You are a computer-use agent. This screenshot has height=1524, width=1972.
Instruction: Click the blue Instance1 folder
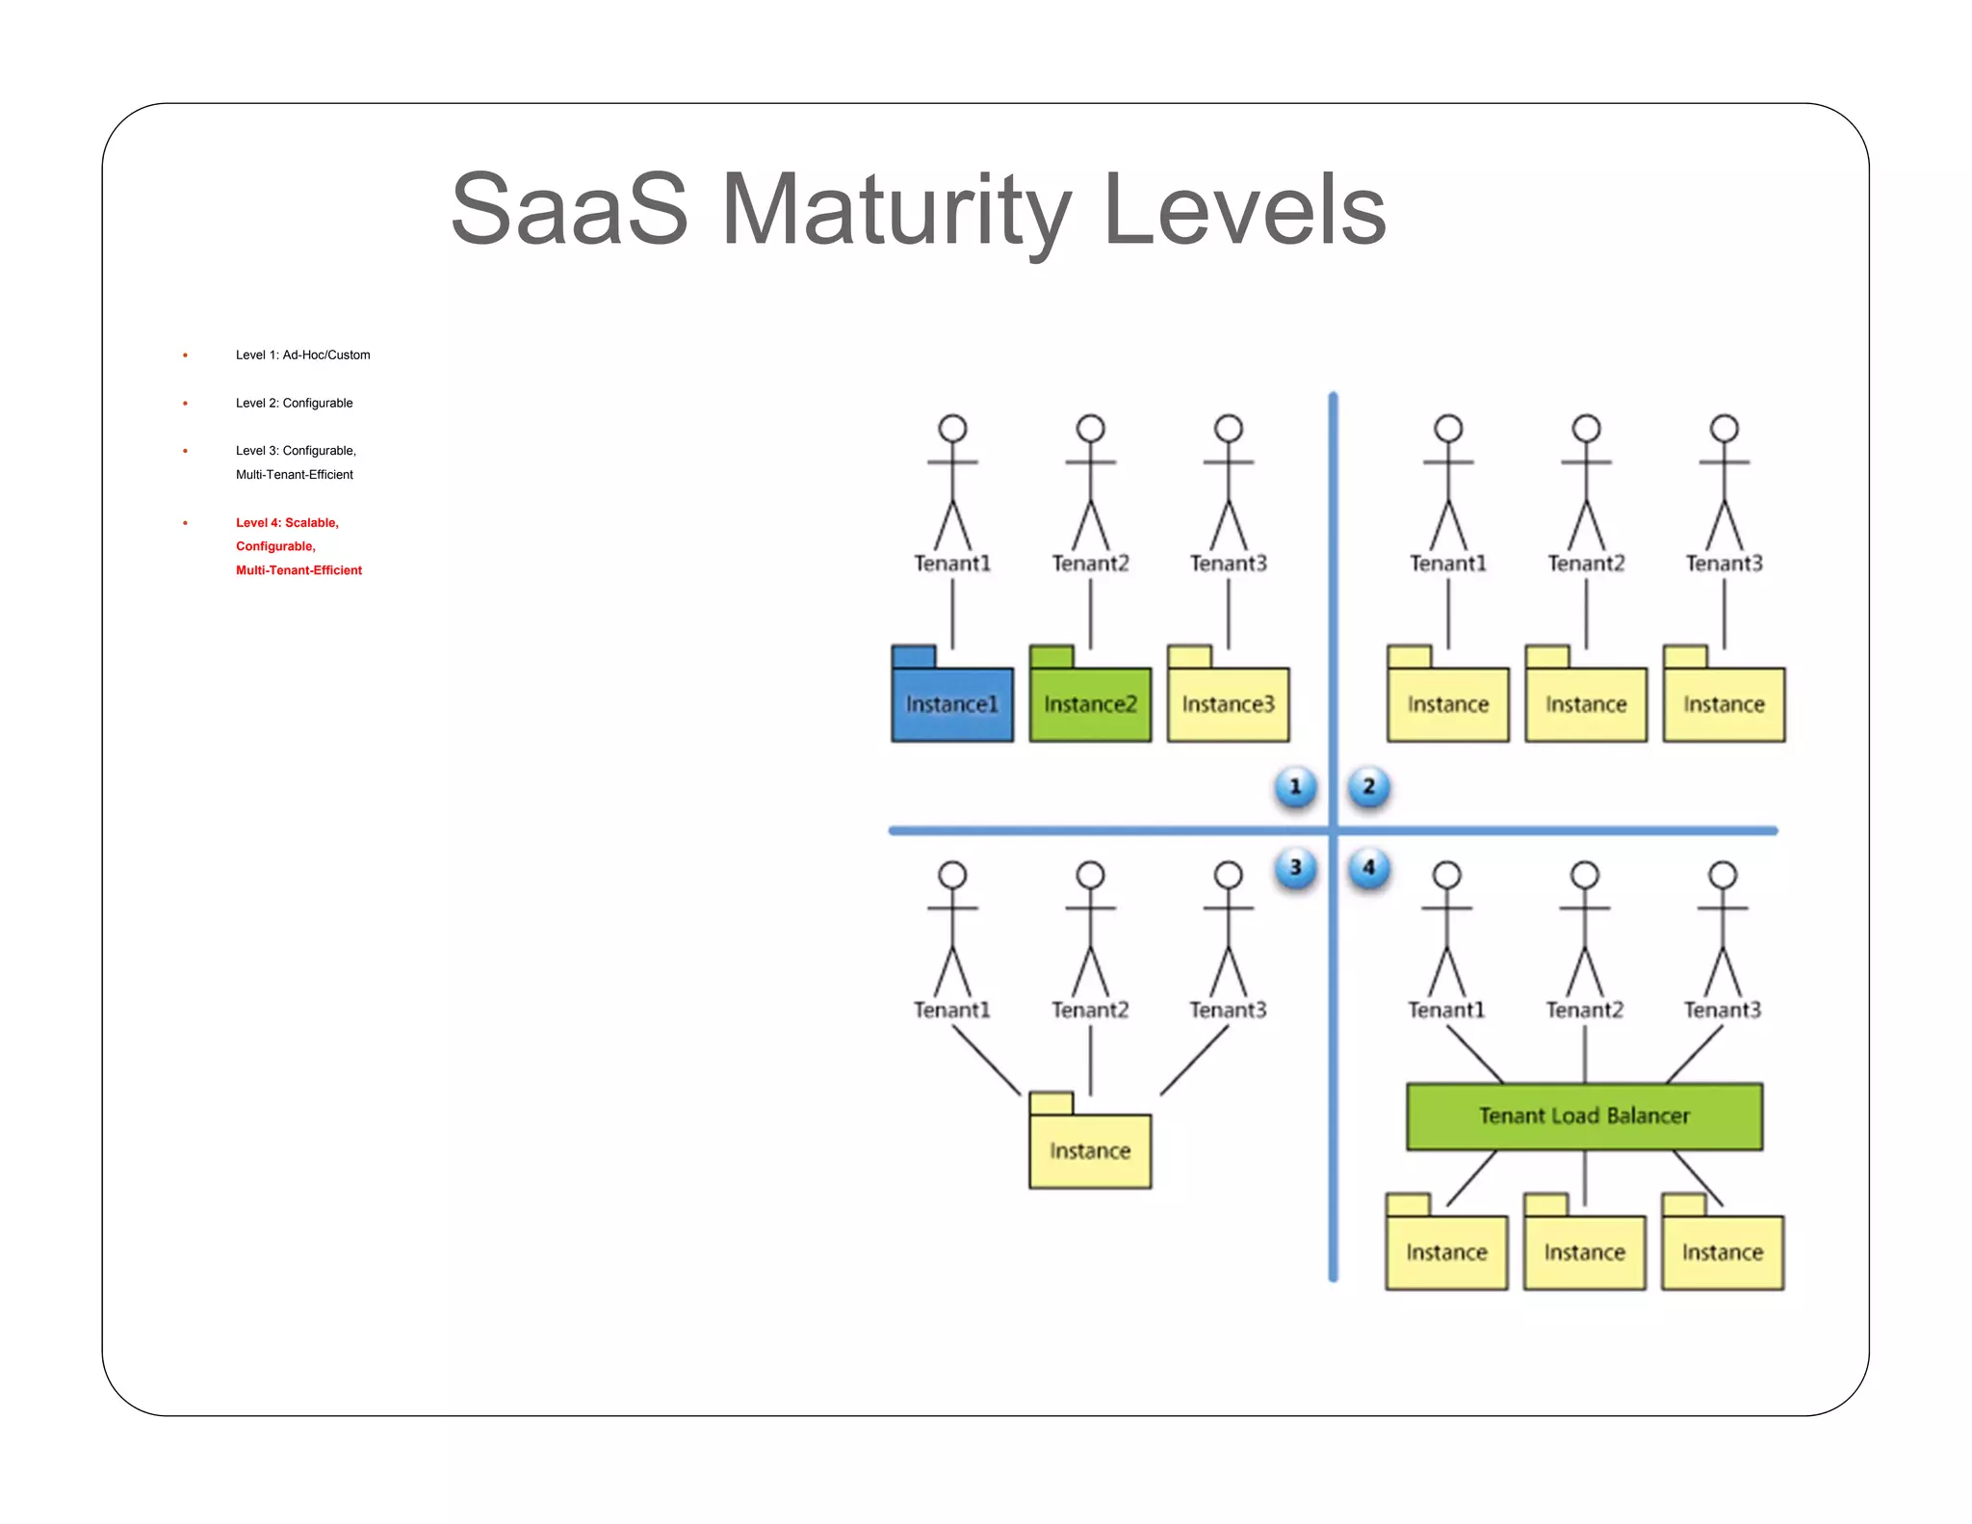[951, 703]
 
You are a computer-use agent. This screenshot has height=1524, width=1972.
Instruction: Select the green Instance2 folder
[1089, 703]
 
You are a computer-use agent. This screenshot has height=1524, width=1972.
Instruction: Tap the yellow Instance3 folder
[1228, 703]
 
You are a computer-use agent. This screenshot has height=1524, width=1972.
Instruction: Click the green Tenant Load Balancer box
[1584, 1116]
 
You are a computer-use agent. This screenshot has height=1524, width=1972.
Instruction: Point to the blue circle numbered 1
[1295, 786]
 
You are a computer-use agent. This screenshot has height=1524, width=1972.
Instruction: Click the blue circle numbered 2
[1368, 786]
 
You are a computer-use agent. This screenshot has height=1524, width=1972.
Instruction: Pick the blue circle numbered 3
[1295, 867]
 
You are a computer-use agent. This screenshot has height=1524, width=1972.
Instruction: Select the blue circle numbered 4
[1368, 867]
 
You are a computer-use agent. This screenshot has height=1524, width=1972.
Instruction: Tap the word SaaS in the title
[569, 210]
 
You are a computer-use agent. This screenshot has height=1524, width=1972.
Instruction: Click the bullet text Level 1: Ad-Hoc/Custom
[302, 355]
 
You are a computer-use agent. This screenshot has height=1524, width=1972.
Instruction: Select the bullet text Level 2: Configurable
[294, 403]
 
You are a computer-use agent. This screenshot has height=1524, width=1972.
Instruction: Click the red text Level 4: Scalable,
[287, 522]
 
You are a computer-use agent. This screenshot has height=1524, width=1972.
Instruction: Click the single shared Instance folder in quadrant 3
[1089, 1149]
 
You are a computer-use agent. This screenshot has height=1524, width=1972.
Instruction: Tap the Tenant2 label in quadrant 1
[1090, 563]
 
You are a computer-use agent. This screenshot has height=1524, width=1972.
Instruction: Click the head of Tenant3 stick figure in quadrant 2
[1724, 428]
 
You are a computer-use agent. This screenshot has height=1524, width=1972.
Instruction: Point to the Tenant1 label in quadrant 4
[1446, 1010]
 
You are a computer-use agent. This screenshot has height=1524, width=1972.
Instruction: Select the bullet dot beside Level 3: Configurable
[185, 451]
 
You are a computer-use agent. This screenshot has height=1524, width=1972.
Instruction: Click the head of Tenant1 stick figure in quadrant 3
[952, 875]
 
